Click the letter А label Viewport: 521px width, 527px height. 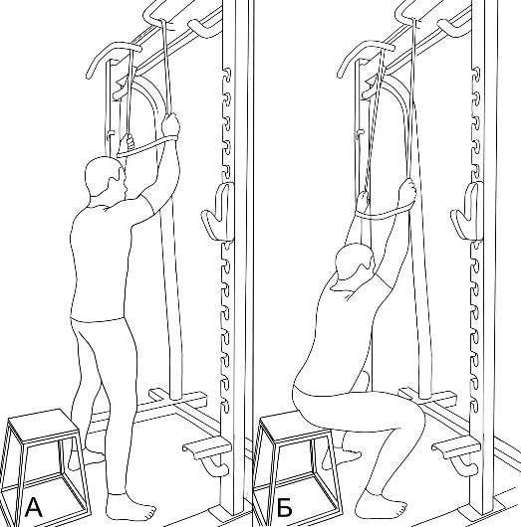tap(34, 508)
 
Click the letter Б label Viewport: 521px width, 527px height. tap(285, 508)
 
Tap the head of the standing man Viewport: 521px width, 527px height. tap(104, 177)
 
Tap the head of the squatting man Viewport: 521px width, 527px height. tap(355, 263)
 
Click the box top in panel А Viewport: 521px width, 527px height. tap(43, 426)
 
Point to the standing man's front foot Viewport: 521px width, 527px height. tap(130, 507)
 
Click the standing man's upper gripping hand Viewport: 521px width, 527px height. tap(170, 125)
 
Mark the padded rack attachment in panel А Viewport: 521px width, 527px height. tap(218, 212)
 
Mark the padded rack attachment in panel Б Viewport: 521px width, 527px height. tap(467, 212)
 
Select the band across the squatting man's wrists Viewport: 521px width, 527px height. tap(384, 214)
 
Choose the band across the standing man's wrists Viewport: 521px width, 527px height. tap(144, 147)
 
